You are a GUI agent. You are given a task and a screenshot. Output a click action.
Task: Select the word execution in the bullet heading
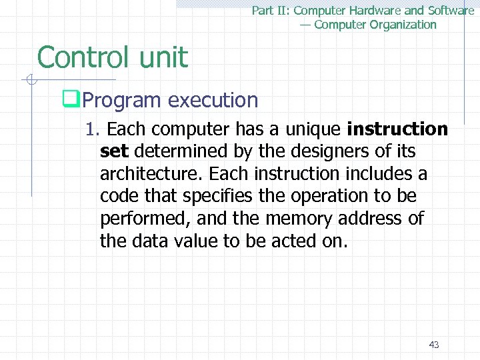tap(213, 101)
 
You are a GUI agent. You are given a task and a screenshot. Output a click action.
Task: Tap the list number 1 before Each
tap(91, 128)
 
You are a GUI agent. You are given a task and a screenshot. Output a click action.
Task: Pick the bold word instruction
tap(397, 128)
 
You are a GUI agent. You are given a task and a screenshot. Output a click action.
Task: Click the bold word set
tap(114, 151)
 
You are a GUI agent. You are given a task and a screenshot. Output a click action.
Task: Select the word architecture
tap(151, 174)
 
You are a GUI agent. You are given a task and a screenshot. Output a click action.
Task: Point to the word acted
tap(296, 241)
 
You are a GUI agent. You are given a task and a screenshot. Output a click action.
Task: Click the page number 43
tap(434, 345)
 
